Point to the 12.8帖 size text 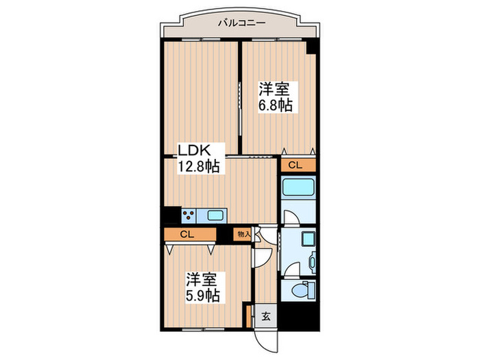tap(199, 167)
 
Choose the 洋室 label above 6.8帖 tap(274, 89)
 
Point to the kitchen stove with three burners tap(189, 216)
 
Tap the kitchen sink tap(215, 216)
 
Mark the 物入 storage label tap(243, 235)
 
